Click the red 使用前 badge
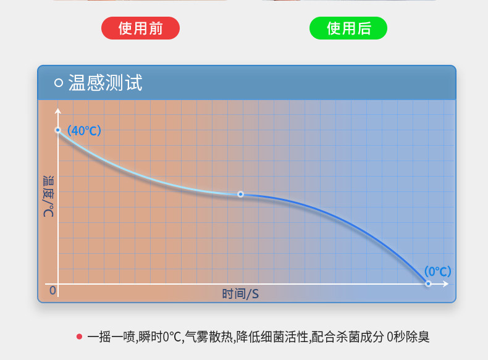[140, 28]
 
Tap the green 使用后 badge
[348, 28]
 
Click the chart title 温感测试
[105, 83]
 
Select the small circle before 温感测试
[59, 83]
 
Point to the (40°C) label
[84, 131]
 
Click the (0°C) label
[437, 271]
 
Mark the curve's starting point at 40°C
[58, 130]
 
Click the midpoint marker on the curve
[240, 194]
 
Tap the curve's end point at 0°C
[428, 283]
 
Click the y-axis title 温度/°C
[48, 196]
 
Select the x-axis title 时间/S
[240, 294]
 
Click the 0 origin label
[53, 290]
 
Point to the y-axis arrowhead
[58, 111]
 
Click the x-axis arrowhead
[445, 284]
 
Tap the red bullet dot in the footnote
[79, 337]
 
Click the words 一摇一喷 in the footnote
[111, 337]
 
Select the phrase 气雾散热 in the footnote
[209, 337]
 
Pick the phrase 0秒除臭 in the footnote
[408, 337]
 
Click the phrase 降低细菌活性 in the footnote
[272, 337]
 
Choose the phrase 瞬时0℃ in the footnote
[159, 337]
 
